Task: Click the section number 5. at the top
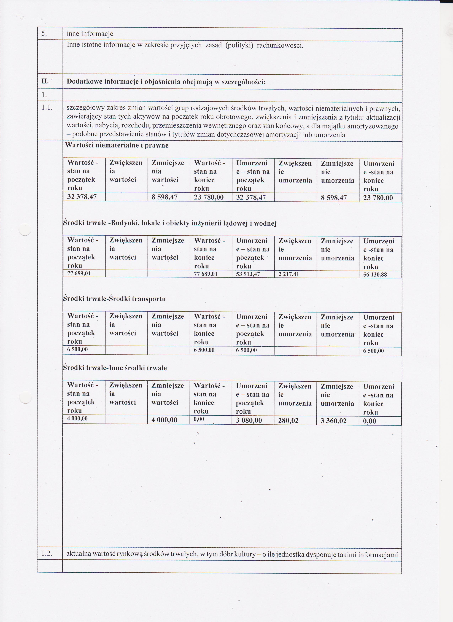pyautogui.click(x=44, y=34)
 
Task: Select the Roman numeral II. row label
pyautogui.click(x=45, y=81)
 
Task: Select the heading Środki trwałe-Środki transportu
pyautogui.click(x=114, y=299)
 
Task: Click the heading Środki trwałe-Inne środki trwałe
pyautogui.click(x=115, y=368)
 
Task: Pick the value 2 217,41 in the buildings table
pyautogui.click(x=289, y=274)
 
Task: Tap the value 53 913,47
pyautogui.click(x=248, y=274)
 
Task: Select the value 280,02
pyautogui.click(x=288, y=421)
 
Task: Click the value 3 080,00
pyautogui.click(x=249, y=420)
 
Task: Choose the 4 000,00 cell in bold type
pyautogui.click(x=164, y=420)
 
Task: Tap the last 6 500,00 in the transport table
pyautogui.click(x=373, y=351)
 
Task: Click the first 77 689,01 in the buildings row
pyautogui.click(x=79, y=273)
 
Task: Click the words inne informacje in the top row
pyautogui.click(x=90, y=34)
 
